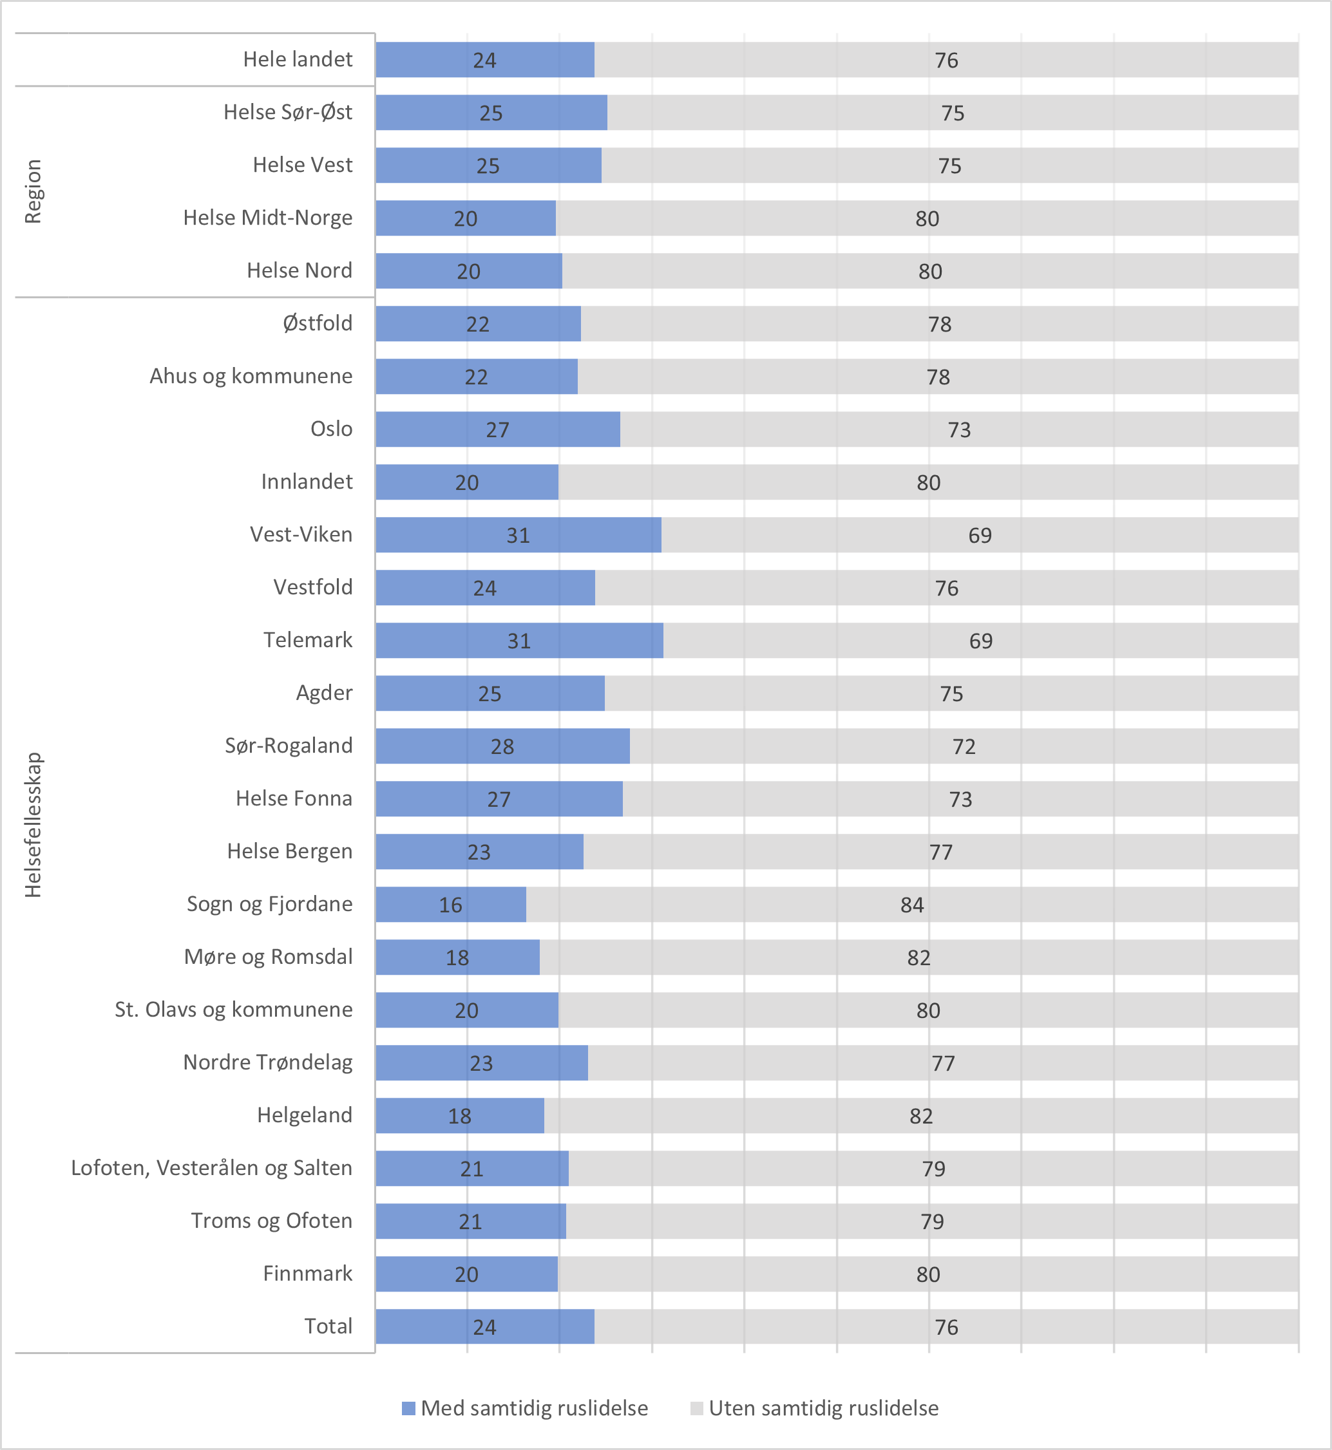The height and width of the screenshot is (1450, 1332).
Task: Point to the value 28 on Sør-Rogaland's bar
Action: coord(502,747)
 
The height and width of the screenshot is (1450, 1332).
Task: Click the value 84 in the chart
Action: coord(912,905)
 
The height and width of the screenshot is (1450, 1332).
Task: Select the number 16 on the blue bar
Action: coord(450,905)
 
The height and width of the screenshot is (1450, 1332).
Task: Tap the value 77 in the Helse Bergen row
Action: coord(940,852)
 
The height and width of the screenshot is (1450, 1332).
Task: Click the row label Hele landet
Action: coord(298,59)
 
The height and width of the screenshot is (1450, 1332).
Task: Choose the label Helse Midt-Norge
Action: coord(267,218)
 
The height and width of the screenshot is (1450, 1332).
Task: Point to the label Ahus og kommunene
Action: coord(251,376)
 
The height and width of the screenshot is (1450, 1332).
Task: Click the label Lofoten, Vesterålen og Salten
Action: coord(211,1168)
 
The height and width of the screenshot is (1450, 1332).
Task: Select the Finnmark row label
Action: coord(308,1274)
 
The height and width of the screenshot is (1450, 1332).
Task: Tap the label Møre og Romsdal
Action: coord(268,957)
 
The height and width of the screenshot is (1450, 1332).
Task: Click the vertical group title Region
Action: coord(33,192)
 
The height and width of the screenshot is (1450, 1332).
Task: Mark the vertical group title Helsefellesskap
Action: coord(33,825)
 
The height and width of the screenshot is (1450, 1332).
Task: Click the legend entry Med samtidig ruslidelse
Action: coord(533,1408)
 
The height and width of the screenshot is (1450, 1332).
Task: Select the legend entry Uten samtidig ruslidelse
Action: coord(823,1408)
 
